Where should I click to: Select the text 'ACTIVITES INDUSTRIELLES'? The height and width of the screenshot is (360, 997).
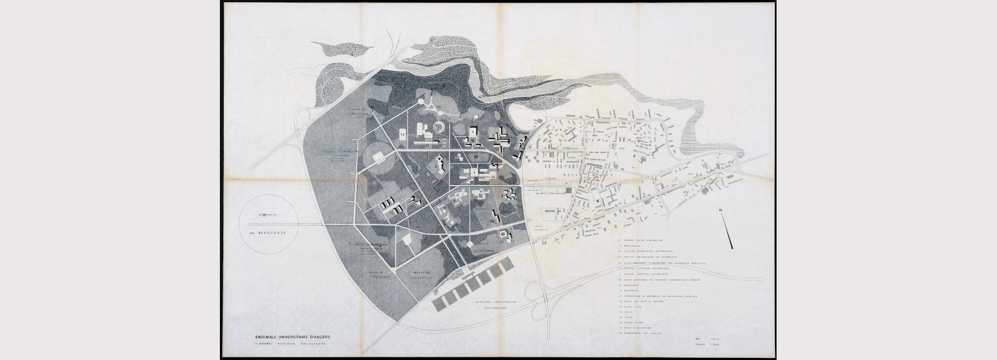tap(495, 302)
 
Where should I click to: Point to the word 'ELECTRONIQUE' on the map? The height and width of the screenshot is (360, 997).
tap(493, 308)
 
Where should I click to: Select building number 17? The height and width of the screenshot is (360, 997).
tap(502, 241)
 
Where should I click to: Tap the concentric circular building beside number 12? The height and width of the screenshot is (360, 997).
tap(439, 128)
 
